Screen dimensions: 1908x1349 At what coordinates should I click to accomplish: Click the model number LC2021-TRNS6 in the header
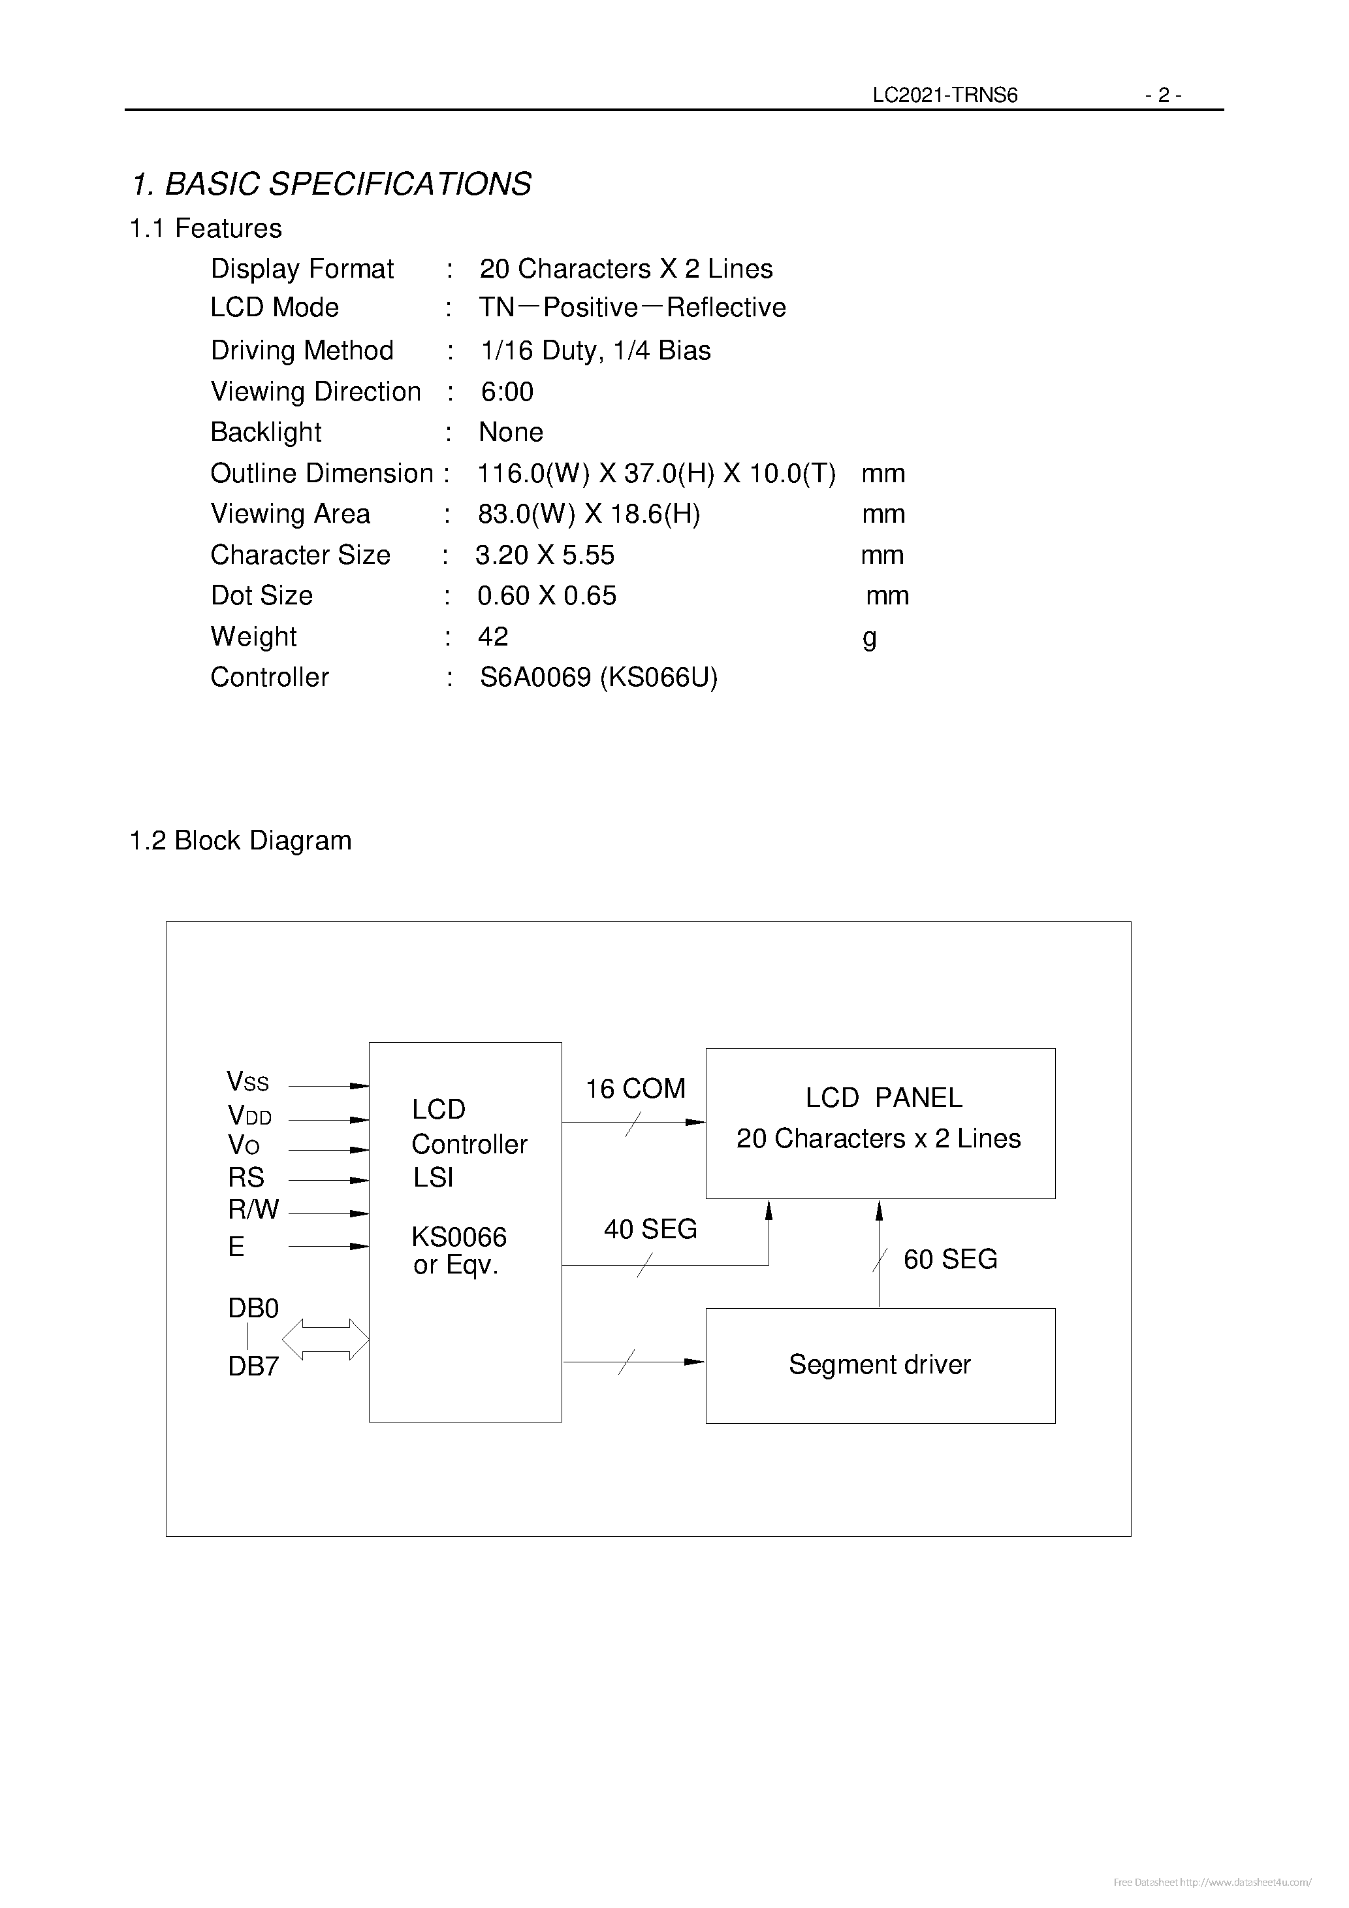click(944, 95)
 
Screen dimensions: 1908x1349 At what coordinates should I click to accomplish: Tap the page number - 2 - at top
click(1163, 95)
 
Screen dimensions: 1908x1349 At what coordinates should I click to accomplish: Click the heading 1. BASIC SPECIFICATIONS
click(332, 184)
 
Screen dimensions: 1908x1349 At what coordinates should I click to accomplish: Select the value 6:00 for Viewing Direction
click(507, 391)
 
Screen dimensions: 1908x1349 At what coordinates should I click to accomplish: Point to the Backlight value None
click(511, 432)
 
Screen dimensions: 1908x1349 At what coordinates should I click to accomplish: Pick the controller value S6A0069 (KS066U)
click(598, 677)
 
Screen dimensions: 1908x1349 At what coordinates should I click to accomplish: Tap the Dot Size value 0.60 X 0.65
click(547, 596)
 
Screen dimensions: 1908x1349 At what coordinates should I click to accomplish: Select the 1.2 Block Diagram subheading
click(241, 841)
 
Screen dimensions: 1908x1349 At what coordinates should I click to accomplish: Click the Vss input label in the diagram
click(247, 1082)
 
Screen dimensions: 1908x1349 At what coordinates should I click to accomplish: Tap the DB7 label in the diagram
click(253, 1366)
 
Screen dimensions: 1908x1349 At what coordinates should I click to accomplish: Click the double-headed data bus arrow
click(326, 1339)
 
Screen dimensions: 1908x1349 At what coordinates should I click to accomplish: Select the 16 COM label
click(635, 1089)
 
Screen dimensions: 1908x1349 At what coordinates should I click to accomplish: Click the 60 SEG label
click(950, 1260)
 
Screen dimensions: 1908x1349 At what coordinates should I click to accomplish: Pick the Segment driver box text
click(880, 1364)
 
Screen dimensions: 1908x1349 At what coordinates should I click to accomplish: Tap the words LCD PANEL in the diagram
click(884, 1098)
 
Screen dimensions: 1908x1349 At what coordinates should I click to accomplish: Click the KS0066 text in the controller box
click(458, 1238)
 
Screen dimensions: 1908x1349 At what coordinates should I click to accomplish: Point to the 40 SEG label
click(650, 1229)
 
